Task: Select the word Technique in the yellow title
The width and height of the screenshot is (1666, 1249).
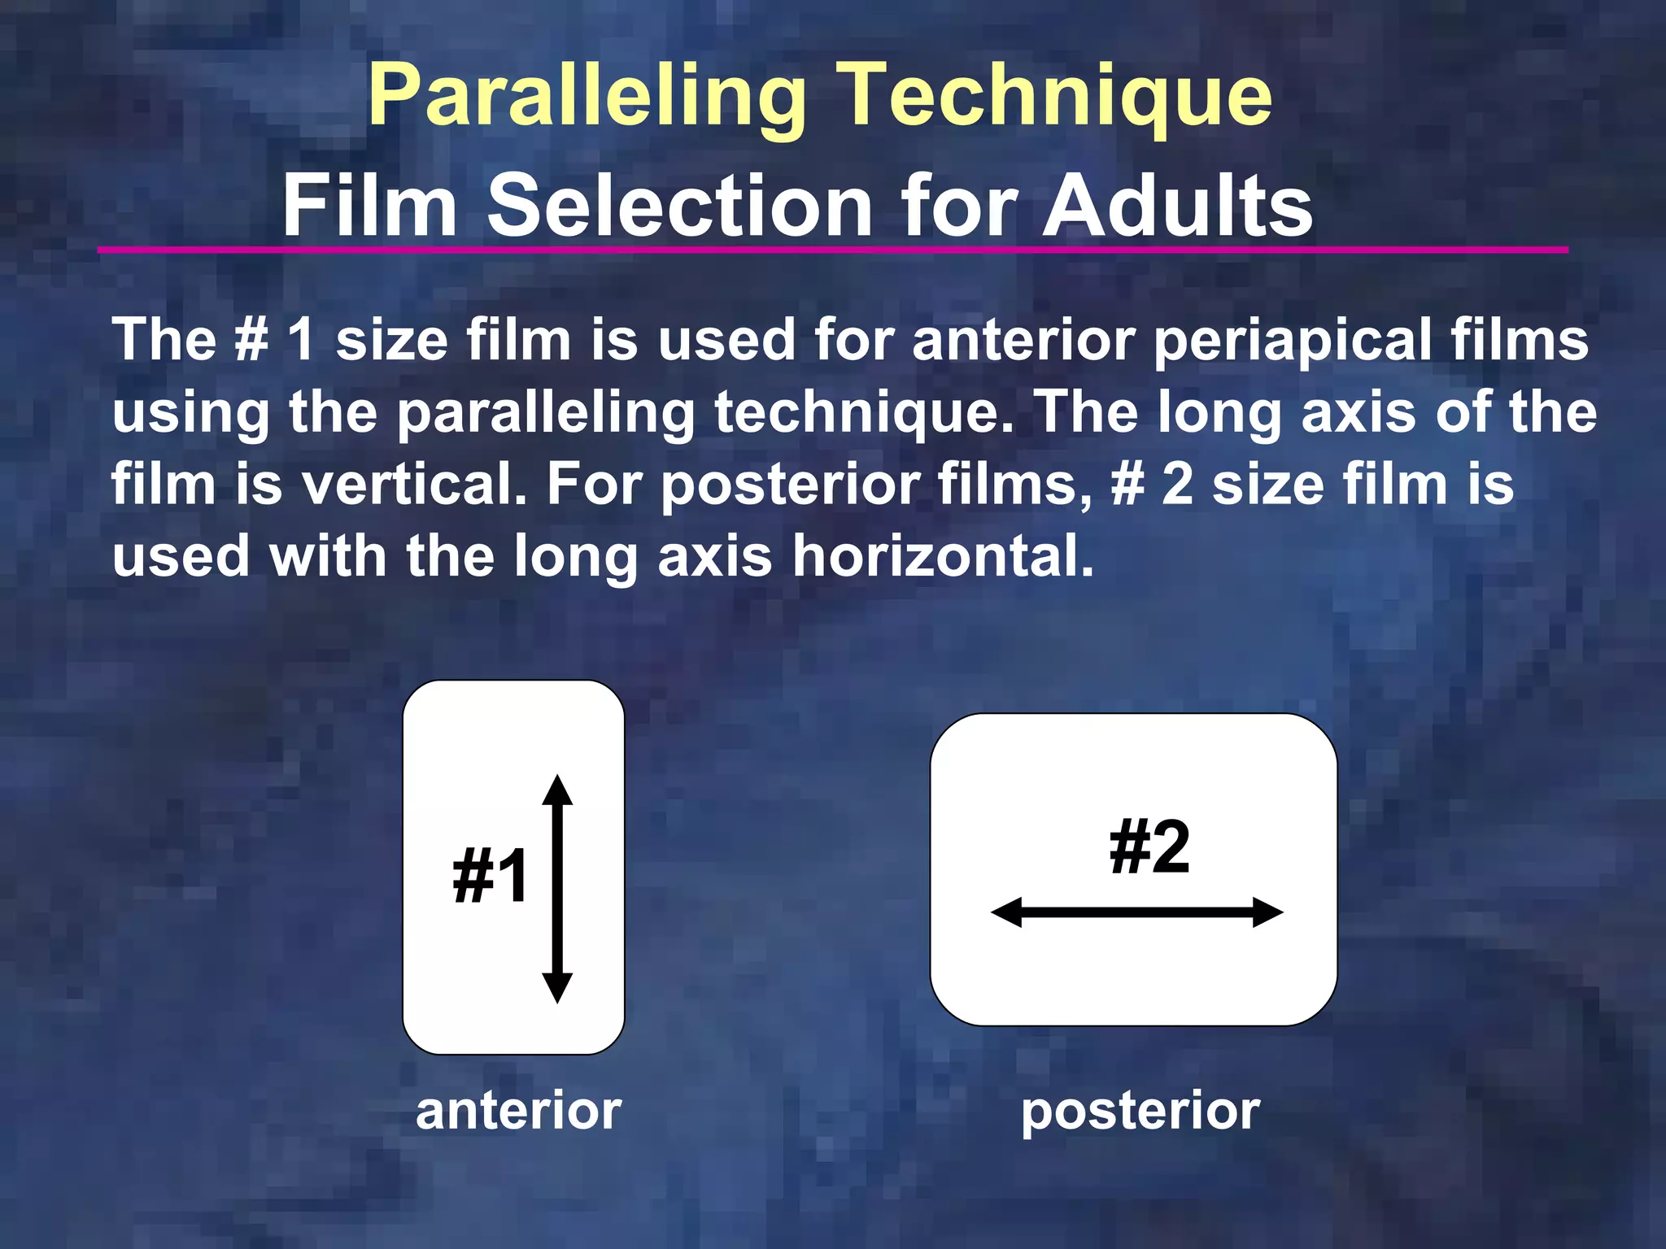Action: click(x=1054, y=98)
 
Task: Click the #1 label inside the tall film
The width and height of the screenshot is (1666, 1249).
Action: click(x=491, y=876)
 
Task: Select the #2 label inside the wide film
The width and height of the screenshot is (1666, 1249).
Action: click(x=1149, y=847)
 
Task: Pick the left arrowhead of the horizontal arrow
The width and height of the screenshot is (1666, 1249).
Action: click(x=1006, y=912)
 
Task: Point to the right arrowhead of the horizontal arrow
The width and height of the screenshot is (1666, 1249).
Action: click(x=1268, y=912)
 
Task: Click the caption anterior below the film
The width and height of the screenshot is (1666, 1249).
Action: click(x=518, y=1111)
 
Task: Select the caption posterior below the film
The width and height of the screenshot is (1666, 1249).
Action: click(x=1140, y=1112)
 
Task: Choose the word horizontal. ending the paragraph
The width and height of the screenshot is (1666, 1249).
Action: click(x=944, y=557)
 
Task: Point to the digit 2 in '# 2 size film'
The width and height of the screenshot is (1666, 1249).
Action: click(x=1178, y=485)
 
